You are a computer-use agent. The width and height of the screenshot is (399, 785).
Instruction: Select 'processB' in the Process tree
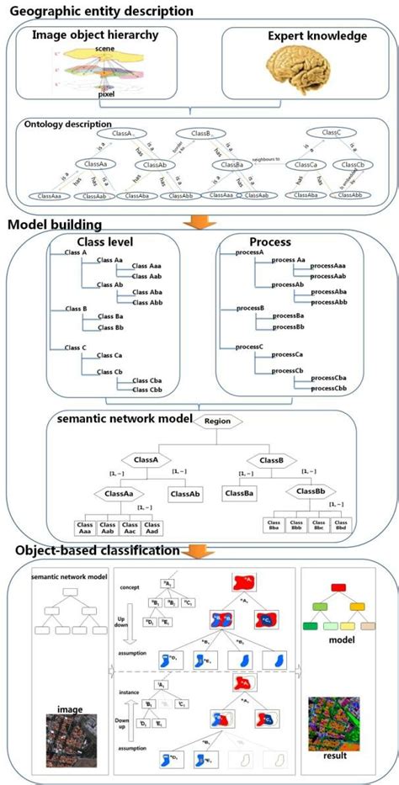tap(250, 308)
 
